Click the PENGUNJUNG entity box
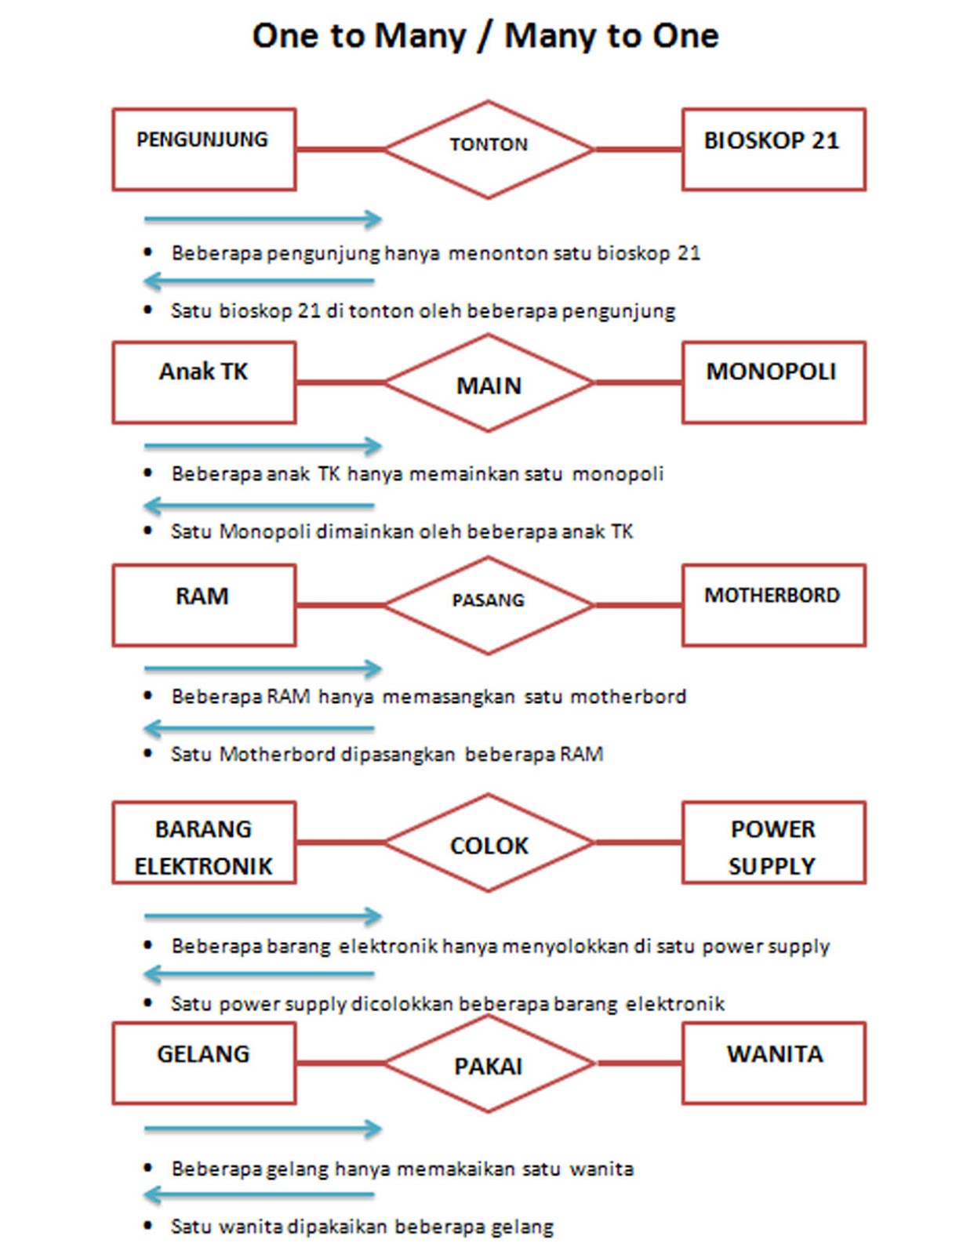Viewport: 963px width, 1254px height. click(x=204, y=149)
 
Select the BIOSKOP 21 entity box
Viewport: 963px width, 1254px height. click(x=773, y=149)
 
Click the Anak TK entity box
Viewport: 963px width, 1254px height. click(x=204, y=382)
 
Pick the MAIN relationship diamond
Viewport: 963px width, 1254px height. click(x=489, y=383)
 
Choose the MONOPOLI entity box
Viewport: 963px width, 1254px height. click(x=773, y=382)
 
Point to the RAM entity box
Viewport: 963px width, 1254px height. click(x=204, y=605)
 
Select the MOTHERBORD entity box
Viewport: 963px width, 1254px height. click(x=773, y=605)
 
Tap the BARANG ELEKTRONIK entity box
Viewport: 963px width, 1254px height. click(x=204, y=843)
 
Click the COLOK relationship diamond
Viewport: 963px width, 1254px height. click(x=489, y=843)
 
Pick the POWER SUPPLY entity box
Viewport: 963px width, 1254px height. click(x=773, y=843)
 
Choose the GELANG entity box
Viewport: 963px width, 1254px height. click(x=204, y=1063)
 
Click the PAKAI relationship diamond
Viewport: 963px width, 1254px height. click(x=489, y=1064)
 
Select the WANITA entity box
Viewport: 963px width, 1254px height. click(x=773, y=1063)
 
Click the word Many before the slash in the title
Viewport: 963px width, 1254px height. click(x=420, y=37)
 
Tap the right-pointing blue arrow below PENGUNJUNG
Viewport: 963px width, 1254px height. click(x=263, y=219)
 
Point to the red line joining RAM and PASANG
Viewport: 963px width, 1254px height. click(x=340, y=605)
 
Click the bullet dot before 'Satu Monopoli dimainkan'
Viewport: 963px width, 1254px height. click(x=148, y=531)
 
